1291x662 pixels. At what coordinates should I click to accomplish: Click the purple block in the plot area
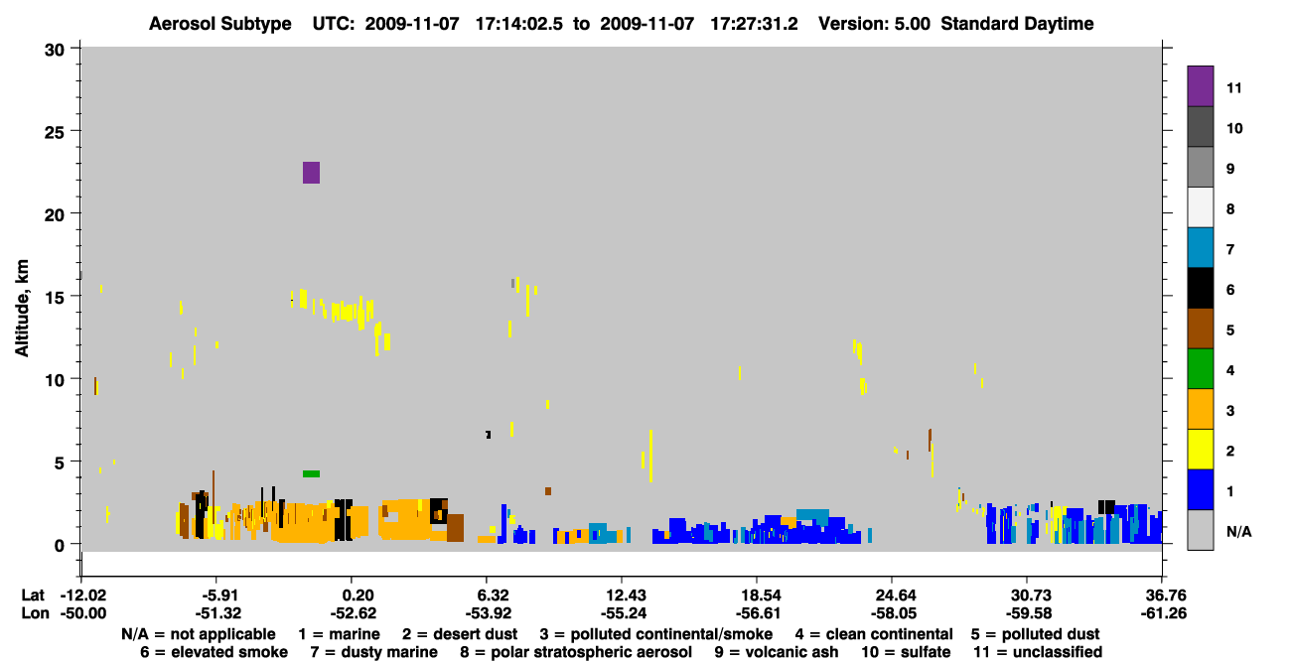coord(311,173)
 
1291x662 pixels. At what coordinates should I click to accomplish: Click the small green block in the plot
coord(311,474)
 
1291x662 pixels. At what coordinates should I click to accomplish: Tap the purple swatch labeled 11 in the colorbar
coord(1201,86)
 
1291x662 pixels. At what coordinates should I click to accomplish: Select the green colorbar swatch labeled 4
coord(1201,369)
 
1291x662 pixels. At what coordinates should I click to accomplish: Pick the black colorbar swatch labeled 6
coord(1201,288)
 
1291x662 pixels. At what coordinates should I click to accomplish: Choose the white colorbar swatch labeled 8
coord(1201,207)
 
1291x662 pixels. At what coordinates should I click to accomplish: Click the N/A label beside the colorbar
coord(1238,532)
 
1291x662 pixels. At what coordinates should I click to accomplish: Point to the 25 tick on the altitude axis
coord(55,133)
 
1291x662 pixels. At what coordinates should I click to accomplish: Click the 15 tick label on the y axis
coord(55,298)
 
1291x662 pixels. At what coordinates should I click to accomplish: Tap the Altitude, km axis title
coord(22,309)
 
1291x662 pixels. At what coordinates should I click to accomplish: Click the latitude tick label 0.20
coord(358,596)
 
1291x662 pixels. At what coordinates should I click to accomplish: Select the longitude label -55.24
coord(623,613)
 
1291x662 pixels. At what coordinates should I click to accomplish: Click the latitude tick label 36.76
coord(1162,596)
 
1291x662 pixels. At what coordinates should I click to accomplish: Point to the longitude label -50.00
coord(83,613)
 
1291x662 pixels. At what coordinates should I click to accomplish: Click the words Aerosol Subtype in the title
coord(220,24)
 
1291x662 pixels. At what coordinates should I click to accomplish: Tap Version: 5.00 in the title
coord(874,24)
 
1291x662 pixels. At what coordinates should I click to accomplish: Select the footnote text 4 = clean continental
coord(874,634)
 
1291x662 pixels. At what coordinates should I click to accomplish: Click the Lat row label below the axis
coord(33,596)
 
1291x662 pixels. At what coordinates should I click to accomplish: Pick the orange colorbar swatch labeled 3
coord(1201,409)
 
